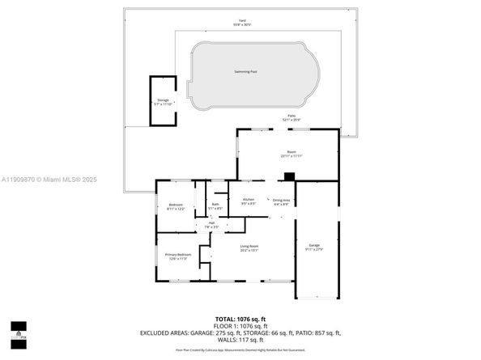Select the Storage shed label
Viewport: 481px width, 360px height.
click(163, 102)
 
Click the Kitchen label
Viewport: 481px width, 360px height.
click(249, 201)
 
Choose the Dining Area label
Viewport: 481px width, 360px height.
click(281, 201)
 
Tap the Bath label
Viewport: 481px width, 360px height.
click(215, 206)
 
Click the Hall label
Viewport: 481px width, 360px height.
click(211, 225)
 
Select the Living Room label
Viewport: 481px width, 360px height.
click(249, 248)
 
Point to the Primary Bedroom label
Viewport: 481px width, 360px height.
click(177, 256)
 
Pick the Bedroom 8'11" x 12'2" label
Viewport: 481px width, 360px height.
click(176, 206)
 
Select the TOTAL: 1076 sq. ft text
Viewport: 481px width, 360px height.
click(240, 319)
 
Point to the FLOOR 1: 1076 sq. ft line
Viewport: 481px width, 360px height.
click(240, 326)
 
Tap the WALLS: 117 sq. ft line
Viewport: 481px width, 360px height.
click(240, 340)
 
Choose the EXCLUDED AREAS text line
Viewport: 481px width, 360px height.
click(240, 333)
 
